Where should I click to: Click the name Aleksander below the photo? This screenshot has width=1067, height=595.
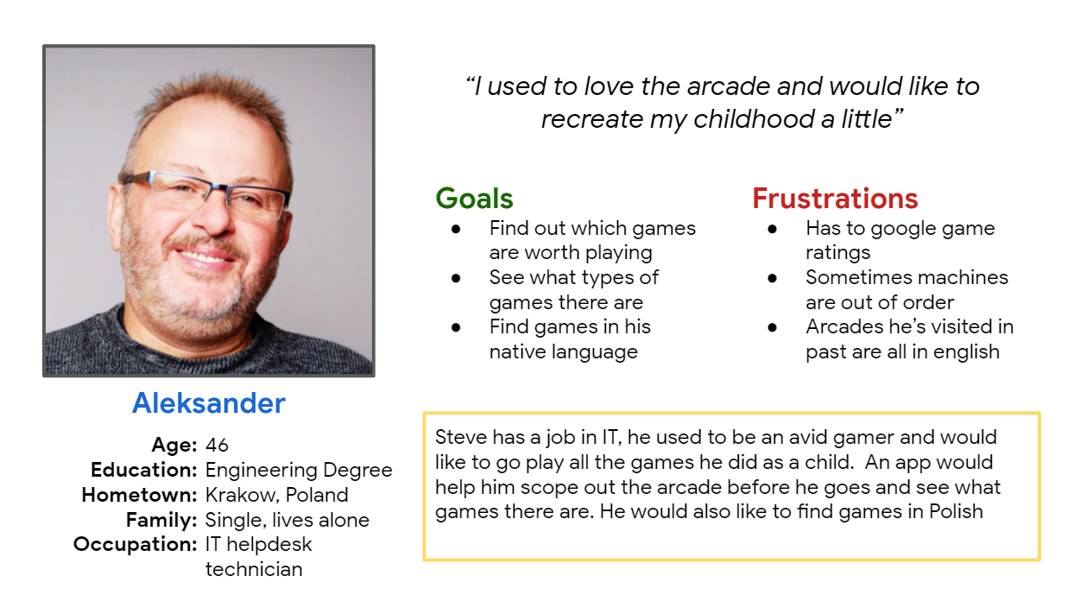pos(209,403)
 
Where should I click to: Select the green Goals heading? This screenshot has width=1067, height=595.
pos(475,198)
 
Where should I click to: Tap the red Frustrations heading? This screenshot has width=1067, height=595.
pos(835,198)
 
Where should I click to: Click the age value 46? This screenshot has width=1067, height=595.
pos(217,445)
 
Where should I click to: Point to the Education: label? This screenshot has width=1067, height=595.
pos(144,470)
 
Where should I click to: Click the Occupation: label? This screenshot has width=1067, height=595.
pos(136,544)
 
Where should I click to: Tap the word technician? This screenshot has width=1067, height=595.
pos(254,569)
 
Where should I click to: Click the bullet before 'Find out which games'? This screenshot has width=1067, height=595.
pos(456,229)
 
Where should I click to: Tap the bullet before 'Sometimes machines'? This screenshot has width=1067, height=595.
pos(772,278)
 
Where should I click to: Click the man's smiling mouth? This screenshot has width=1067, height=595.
pos(205,256)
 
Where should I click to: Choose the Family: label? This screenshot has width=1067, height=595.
pos(161,520)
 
